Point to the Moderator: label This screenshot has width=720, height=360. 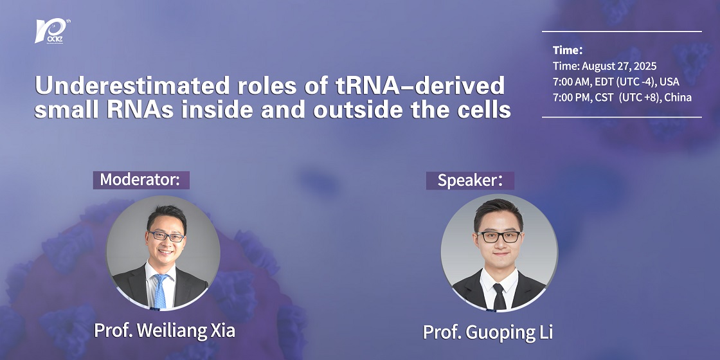141,179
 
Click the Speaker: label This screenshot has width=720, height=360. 470,181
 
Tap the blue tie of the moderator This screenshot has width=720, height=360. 160,291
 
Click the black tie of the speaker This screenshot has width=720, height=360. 499,296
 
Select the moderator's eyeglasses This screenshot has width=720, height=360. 166,237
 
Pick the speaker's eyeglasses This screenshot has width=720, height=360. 499,237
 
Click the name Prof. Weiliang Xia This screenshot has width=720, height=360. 165,330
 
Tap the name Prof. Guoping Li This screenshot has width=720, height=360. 488,332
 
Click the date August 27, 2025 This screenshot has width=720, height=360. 620,66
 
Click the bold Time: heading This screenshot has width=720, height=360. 568,50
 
